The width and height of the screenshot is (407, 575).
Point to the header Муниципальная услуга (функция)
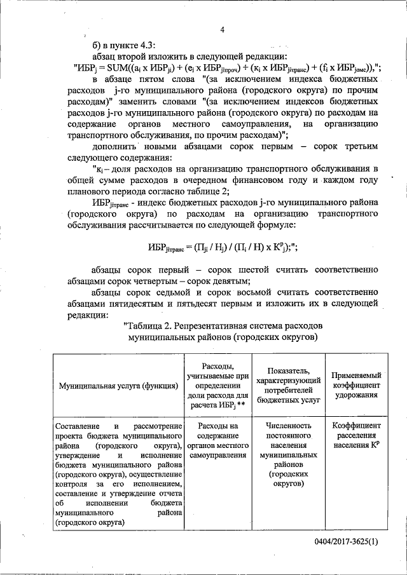pyautogui.click(x=119, y=386)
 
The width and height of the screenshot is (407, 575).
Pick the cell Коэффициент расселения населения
pyautogui.click(x=356, y=435)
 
